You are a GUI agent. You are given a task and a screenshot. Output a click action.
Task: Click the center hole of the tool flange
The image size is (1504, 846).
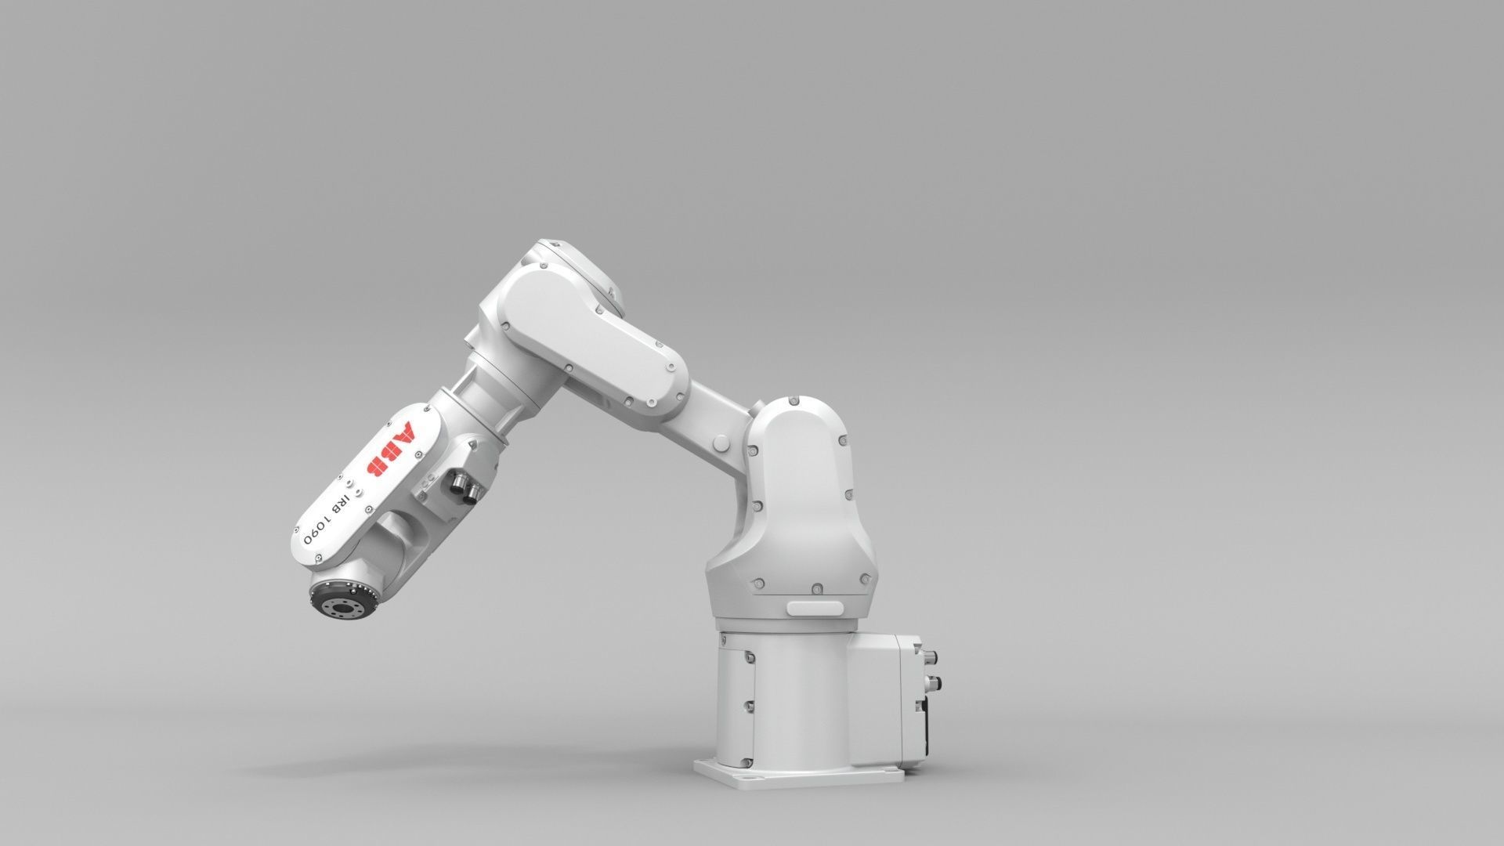[x=342, y=606]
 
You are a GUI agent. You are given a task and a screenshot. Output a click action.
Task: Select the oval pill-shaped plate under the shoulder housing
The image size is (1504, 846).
[x=815, y=607]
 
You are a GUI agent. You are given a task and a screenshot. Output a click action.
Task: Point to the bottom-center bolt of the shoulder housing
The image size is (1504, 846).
[x=817, y=587]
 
